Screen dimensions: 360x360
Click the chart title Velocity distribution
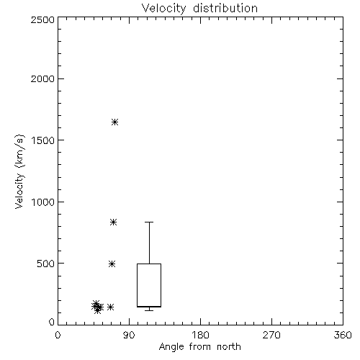click(199, 9)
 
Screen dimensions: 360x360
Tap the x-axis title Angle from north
click(199, 347)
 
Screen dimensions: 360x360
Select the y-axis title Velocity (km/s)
click(19, 171)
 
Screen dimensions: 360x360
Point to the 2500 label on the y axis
click(42, 19)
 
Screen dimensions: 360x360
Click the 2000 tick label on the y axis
click(42, 78)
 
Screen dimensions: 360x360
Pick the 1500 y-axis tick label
click(43, 140)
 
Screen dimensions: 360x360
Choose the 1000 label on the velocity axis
click(43, 202)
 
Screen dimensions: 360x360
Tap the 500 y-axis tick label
click(46, 264)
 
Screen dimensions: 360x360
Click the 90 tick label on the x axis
click(129, 335)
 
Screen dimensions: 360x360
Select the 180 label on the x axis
click(200, 335)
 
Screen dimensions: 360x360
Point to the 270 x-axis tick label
click(271, 335)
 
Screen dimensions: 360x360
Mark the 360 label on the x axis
click(343, 335)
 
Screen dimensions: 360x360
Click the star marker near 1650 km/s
click(114, 122)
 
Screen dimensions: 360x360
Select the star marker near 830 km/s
click(113, 222)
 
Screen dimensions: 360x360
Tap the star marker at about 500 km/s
click(112, 264)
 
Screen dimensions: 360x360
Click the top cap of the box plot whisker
click(149, 222)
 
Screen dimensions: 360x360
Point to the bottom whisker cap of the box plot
click(149, 310)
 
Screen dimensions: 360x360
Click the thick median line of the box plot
click(149, 307)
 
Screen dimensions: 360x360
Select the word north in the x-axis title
click(229, 347)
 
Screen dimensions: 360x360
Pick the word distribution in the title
click(225, 9)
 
